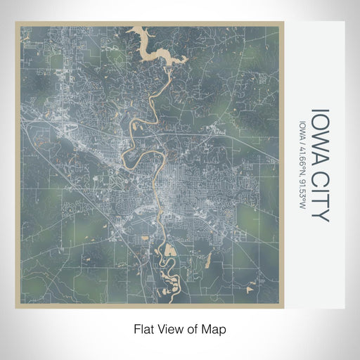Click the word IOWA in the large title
(x=319, y=134)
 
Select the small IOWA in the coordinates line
(x=302, y=128)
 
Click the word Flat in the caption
(x=144, y=328)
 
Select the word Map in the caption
(x=217, y=328)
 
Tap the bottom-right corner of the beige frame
(x=283, y=307)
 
